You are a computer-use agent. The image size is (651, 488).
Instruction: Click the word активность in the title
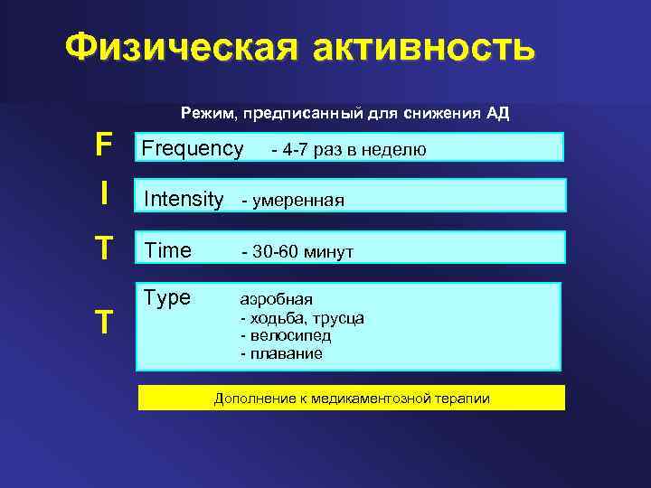423,49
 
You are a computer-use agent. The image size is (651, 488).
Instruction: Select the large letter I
105,192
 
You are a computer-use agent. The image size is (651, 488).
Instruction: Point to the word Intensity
184,198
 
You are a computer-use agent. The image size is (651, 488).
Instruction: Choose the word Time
168,250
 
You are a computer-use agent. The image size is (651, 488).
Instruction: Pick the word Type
167,297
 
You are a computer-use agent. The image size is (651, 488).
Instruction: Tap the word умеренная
296,200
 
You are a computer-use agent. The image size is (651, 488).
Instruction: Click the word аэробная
277,299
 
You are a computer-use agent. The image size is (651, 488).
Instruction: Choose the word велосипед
289,335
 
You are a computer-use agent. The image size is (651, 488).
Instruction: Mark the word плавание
285,353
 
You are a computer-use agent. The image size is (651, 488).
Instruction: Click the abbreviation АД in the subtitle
496,114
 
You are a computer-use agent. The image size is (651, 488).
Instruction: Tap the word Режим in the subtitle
204,114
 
